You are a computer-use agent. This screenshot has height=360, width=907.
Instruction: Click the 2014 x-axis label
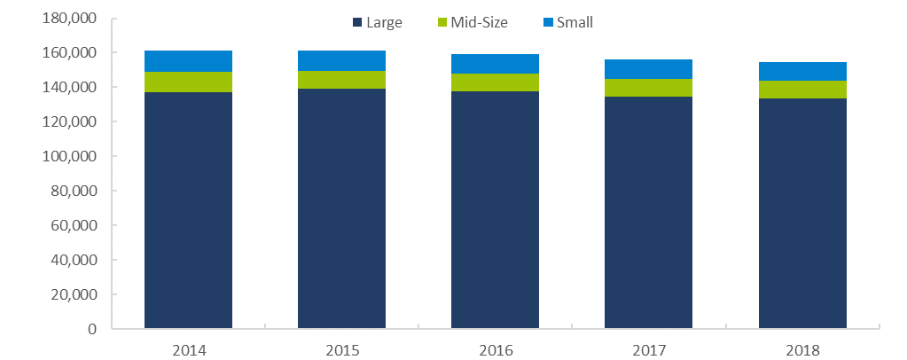[189, 350]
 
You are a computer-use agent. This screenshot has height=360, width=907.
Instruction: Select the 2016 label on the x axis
[495, 350]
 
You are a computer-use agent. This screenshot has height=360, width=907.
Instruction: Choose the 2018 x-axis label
[801, 350]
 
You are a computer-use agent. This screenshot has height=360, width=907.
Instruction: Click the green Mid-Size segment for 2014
[189, 82]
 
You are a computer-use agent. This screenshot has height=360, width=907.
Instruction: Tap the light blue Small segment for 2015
[341, 60]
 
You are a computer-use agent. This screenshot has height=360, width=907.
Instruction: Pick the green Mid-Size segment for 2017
[648, 88]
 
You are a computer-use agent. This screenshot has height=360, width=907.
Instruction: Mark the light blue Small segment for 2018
[801, 71]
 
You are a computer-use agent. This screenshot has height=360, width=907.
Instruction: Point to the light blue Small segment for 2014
[189, 61]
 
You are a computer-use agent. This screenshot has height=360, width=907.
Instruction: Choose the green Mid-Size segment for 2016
[495, 82]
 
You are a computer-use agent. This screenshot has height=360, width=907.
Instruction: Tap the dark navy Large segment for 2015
[341, 209]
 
